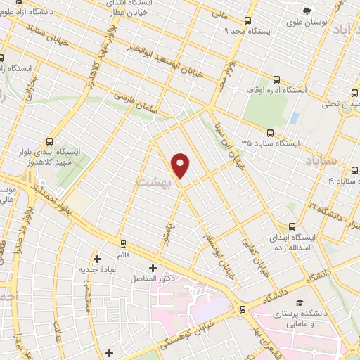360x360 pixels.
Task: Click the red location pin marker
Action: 181,166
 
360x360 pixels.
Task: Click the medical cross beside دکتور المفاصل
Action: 153,267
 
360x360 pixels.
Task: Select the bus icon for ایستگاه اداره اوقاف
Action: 276,79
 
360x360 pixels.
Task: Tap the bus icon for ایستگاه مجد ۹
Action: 247,21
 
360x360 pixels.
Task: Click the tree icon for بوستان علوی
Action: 306,11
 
